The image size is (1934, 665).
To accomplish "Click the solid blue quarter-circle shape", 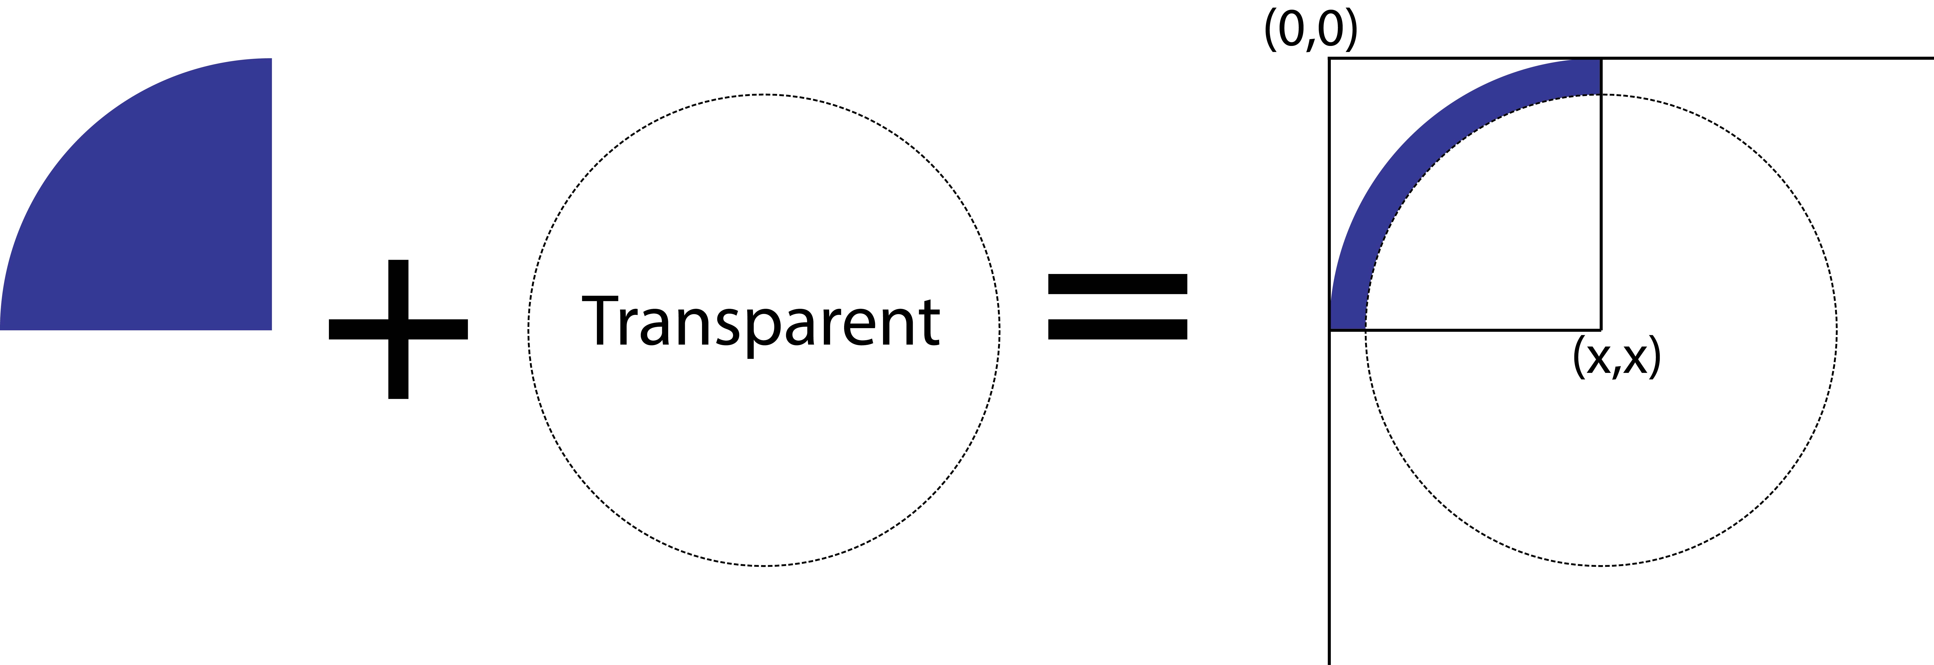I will (x=165, y=218).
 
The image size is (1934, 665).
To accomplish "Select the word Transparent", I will (x=761, y=322).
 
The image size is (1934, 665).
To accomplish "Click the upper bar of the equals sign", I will (x=1117, y=283).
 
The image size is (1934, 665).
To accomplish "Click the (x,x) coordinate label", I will (x=1616, y=358).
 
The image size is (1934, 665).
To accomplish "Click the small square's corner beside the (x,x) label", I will (x=1601, y=329).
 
